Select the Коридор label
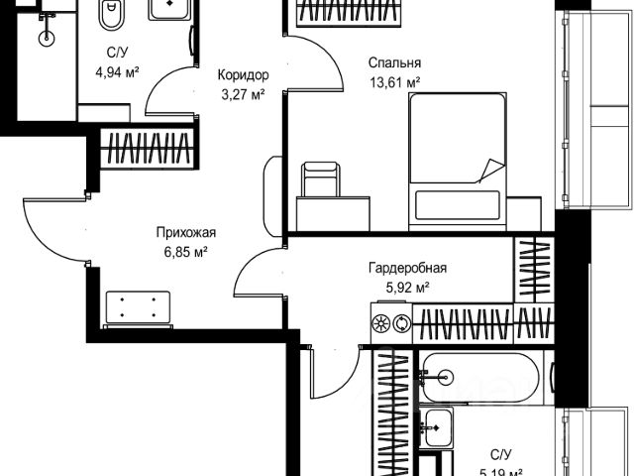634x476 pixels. (243, 74)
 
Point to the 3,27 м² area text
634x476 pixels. (243, 96)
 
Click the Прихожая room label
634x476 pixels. (185, 233)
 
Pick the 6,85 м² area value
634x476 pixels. (185, 254)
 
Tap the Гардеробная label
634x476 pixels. (407, 268)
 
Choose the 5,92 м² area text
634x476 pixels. (407, 289)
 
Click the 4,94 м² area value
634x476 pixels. (115, 71)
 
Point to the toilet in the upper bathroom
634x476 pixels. (112, 19)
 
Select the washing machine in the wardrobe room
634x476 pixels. (389, 323)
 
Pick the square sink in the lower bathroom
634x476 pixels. (436, 429)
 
